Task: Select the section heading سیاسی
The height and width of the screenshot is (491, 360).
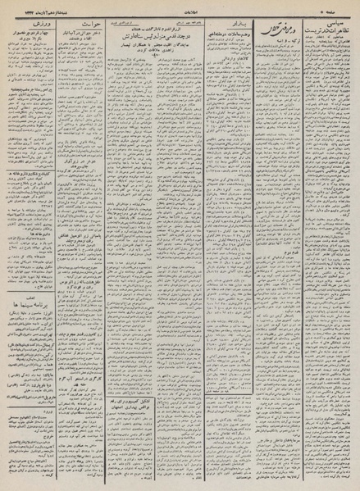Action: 334,23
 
